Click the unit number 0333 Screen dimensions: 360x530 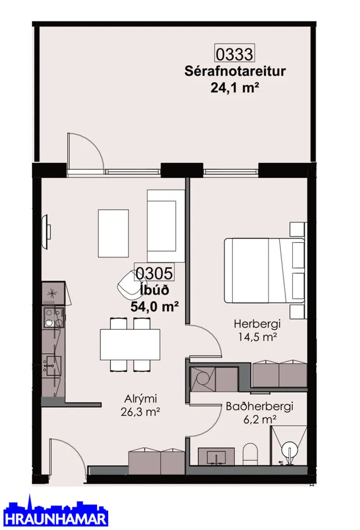(234, 54)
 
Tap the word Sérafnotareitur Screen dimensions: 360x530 (235, 71)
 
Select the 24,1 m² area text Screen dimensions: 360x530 (235, 88)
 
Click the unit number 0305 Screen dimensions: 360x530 (154, 272)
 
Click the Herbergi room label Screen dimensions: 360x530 (258, 324)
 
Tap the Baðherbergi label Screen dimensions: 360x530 (259, 406)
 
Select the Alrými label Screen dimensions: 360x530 (141, 399)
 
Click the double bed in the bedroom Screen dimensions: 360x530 (264, 270)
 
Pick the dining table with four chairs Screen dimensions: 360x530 (130, 344)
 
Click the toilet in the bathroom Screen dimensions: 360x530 (250, 454)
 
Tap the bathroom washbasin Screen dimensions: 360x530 (216, 457)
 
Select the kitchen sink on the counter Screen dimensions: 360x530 (52, 366)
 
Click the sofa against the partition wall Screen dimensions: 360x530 (166, 226)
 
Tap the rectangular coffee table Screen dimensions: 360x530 (113, 233)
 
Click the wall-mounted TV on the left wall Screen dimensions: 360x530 (46, 231)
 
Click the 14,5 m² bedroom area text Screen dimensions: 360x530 (258, 337)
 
